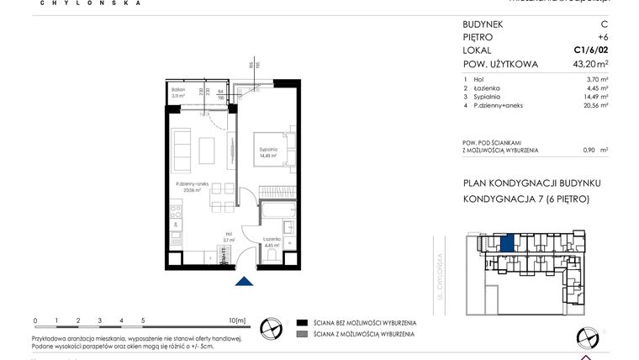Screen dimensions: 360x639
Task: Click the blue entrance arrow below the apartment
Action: point(244,283)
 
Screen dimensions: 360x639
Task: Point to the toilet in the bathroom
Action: point(269,257)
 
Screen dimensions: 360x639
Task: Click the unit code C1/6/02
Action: point(591,50)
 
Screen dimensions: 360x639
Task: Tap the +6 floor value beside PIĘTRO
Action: point(602,37)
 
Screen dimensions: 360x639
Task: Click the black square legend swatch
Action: point(301,323)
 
